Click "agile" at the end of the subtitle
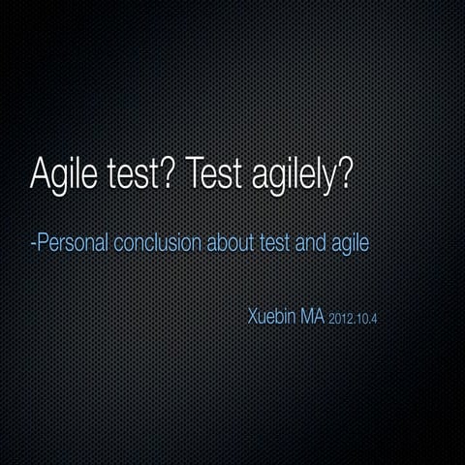click(349, 242)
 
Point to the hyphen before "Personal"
click(33, 242)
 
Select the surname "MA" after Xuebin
click(315, 317)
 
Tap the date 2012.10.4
click(353, 319)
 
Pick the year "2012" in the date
click(341, 319)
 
